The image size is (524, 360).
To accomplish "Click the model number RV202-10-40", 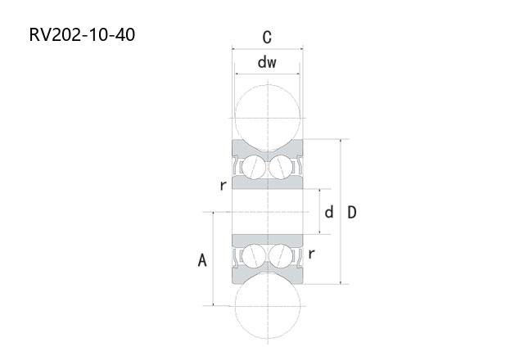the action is (x=82, y=34).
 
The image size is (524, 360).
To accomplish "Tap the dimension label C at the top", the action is (x=267, y=37).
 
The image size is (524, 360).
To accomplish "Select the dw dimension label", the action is (x=267, y=62).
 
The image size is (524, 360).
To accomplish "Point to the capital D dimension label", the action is (x=352, y=213).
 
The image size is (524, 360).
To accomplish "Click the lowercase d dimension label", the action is (x=329, y=212).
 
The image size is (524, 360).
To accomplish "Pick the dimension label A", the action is (x=202, y=260).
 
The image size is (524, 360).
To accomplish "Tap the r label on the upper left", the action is (x=223, y=185).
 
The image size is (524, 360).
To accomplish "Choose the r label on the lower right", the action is (x=311, y=254).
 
